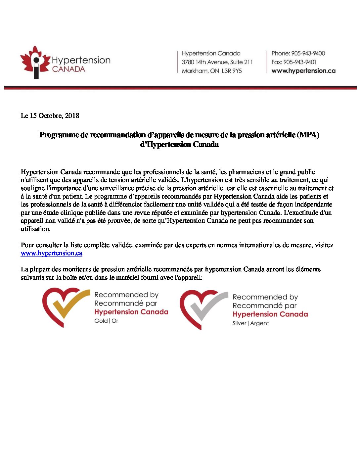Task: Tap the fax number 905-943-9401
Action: point(300,62)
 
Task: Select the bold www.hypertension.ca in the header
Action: point(303,71)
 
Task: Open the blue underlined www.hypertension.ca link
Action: point(51,253)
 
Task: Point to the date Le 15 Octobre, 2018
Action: point(50,116)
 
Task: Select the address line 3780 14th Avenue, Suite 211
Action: point(217,62)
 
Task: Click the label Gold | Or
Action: point(106,321)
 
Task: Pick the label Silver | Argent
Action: point(250,323)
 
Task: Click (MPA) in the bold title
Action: point(308,135)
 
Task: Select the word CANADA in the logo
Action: point(68,69)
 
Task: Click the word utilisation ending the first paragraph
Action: point(35,229)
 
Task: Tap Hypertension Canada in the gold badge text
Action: point(131,312)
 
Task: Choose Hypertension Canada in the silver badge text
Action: point(270,314)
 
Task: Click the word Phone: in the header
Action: point(281,53)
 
